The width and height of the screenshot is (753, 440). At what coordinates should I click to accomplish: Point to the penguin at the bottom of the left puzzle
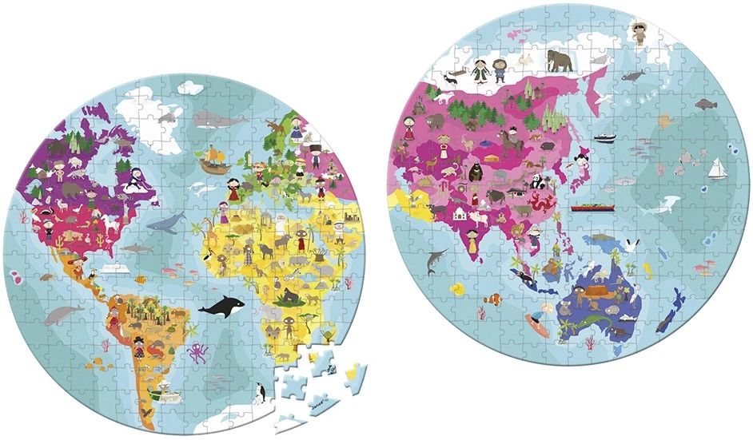(260, 392)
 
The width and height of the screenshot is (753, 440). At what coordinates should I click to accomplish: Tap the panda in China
(538, 181)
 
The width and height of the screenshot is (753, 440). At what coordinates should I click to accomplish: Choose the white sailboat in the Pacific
(718, 168)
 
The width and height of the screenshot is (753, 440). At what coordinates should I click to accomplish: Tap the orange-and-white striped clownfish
(496, 300)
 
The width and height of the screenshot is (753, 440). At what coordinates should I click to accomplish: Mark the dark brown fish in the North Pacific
(706, 103)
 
